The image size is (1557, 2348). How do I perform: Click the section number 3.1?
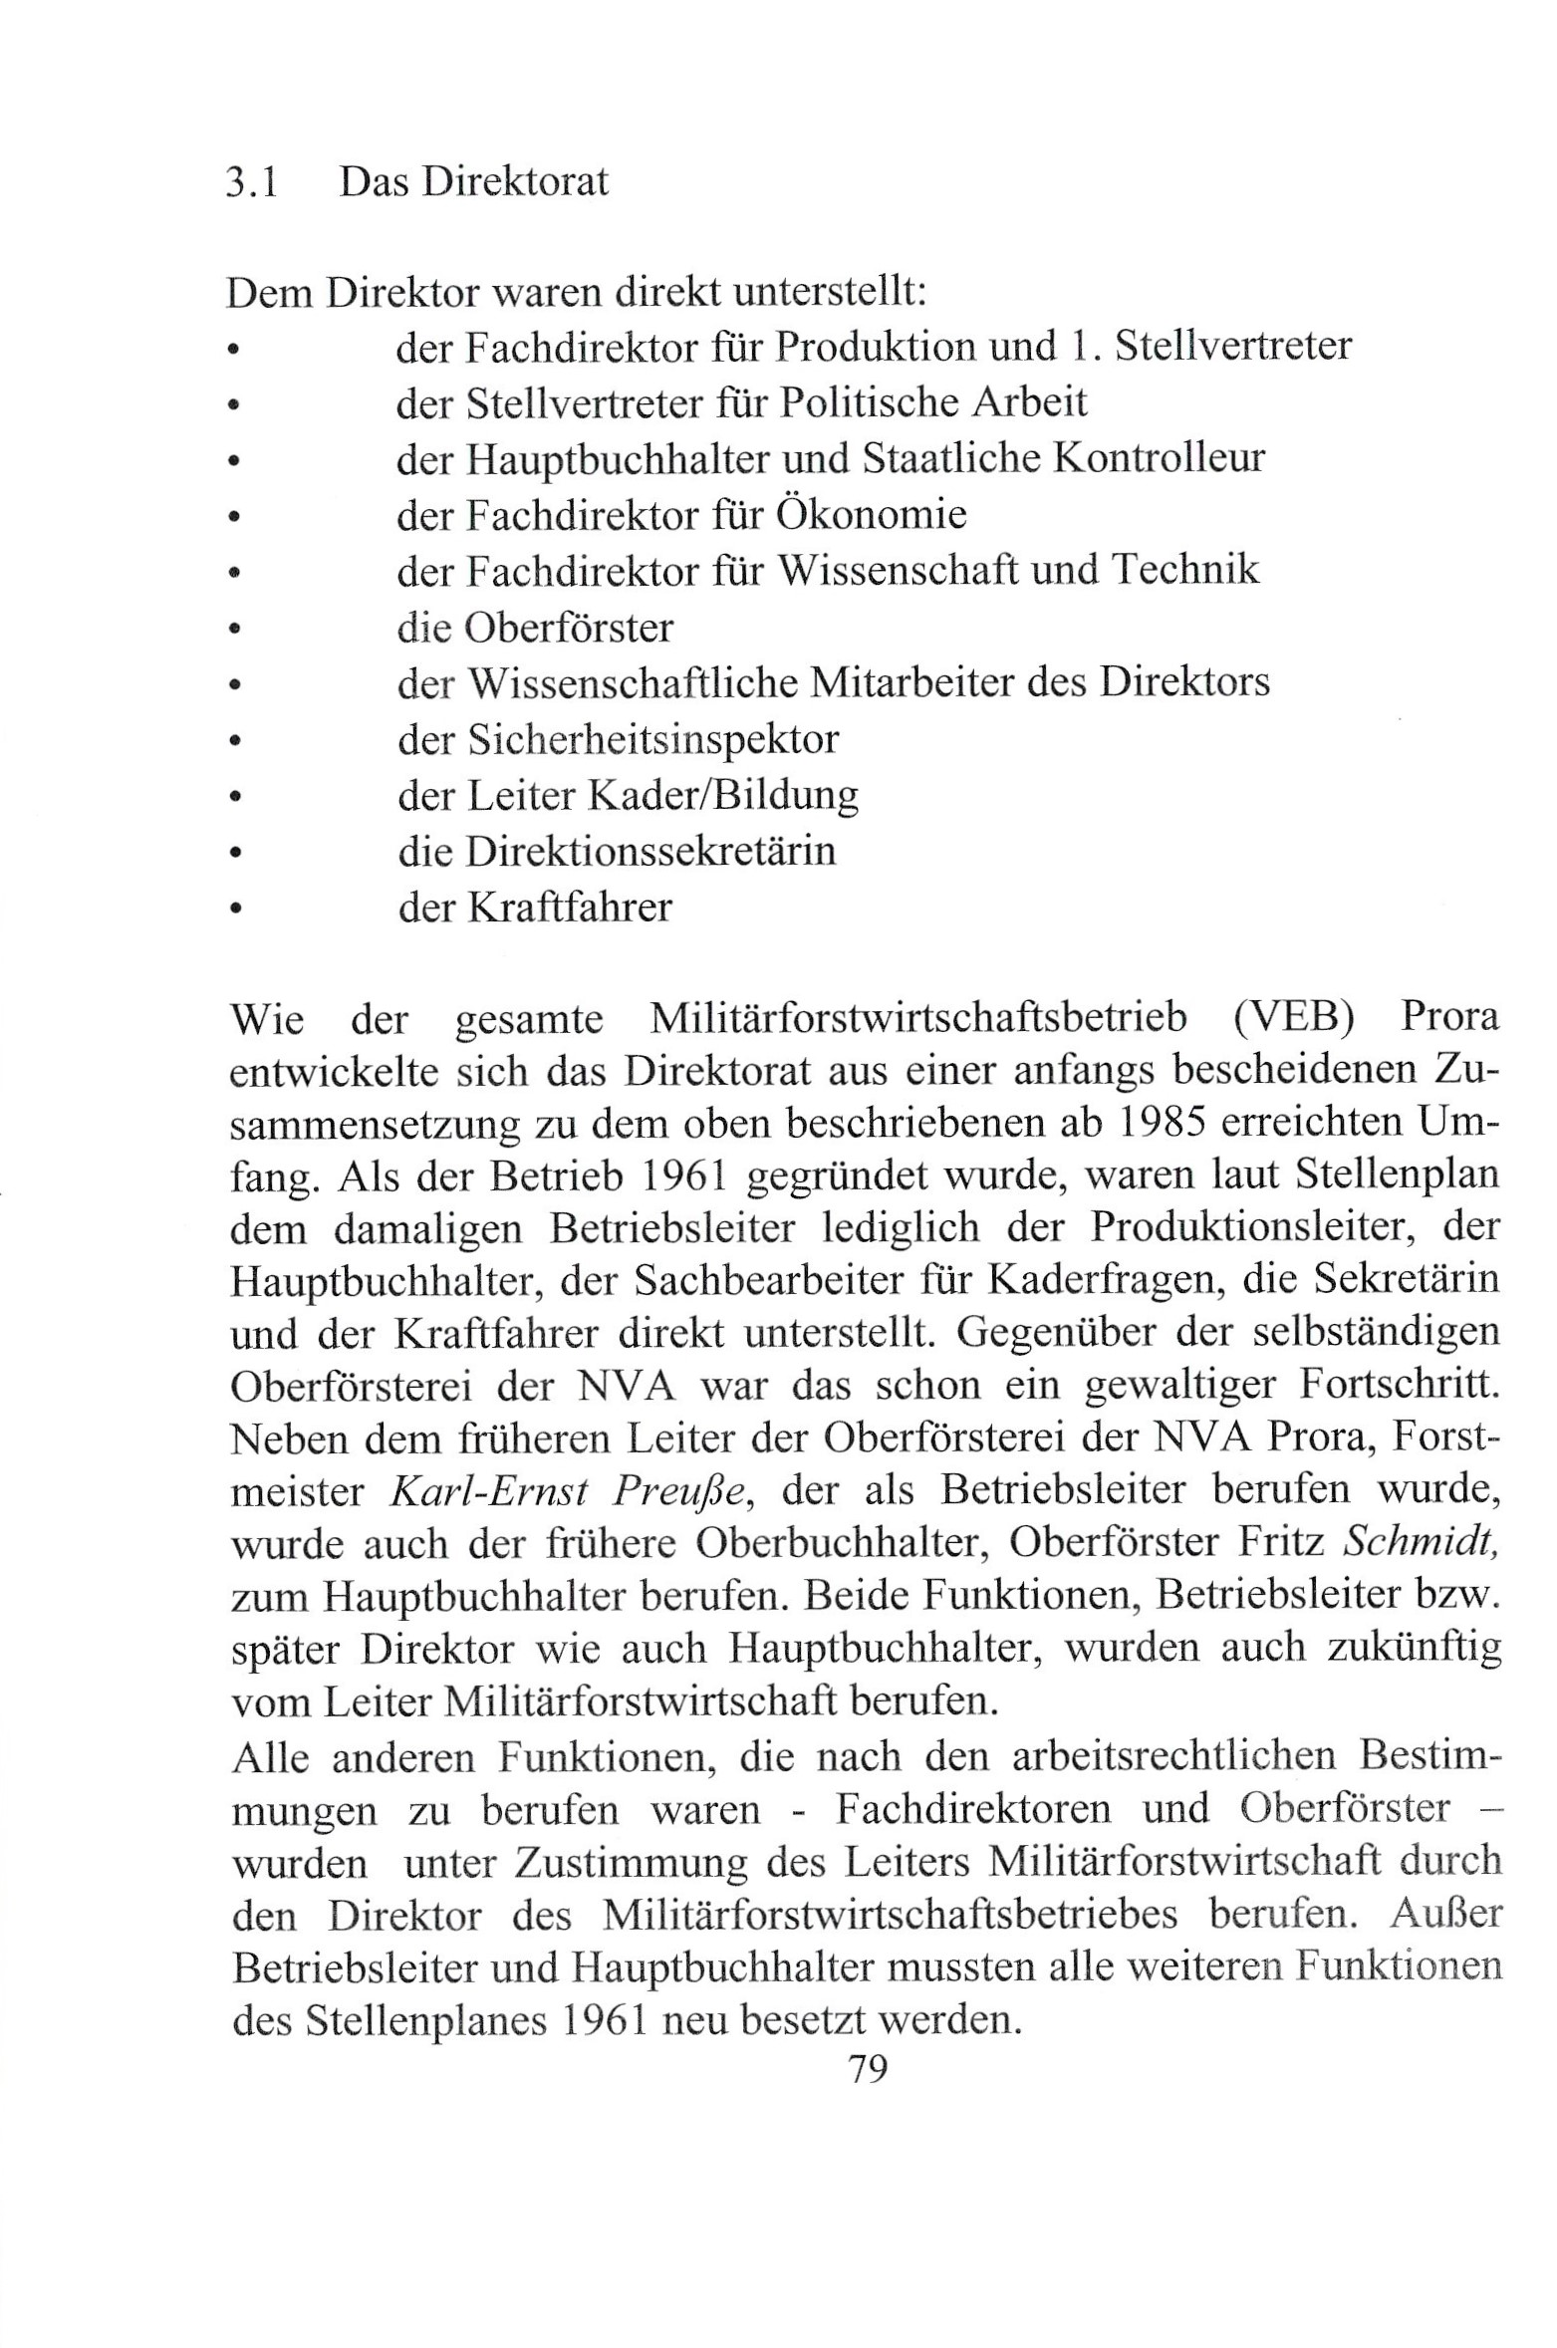pyautogui.click(x=251, y=182)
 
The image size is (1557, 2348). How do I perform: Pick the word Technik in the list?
pyautogui.click(x=1184, y=570)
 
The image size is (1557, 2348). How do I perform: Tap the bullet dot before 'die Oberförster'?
pyautogui.click(x=234, y=629)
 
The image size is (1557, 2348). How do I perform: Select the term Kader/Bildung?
pyautogui.click(x=723, y=795)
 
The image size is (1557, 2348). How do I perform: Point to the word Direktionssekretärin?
pyautogui.click(x=650, y=851)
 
